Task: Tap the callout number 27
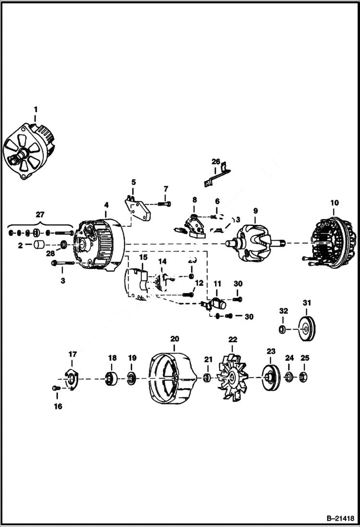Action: tap(39, 216)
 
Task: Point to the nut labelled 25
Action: tap(304, 376)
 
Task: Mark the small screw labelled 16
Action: tap(56, 387)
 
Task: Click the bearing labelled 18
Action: tap(112, 378)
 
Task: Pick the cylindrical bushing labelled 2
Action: tap(38, 245)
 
